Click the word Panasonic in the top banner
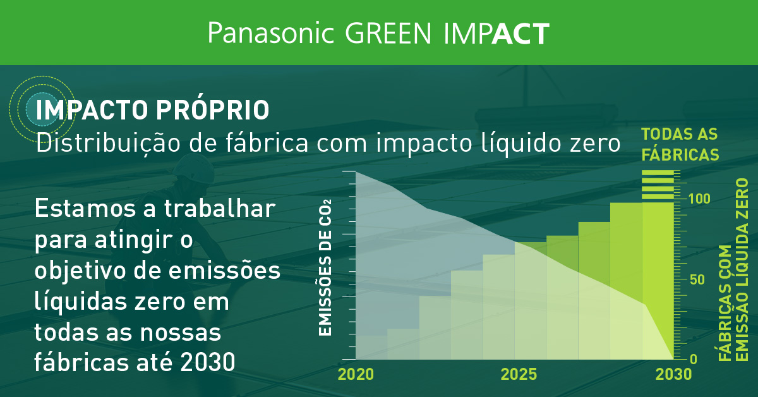pos(270,34)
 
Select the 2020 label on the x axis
pos(356,374)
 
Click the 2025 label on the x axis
pos(519,374)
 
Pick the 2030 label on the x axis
pos(673,374)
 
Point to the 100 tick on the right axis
pos(699,198)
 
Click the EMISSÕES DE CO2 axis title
pos(325,268)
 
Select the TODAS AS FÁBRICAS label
pos(680,144)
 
